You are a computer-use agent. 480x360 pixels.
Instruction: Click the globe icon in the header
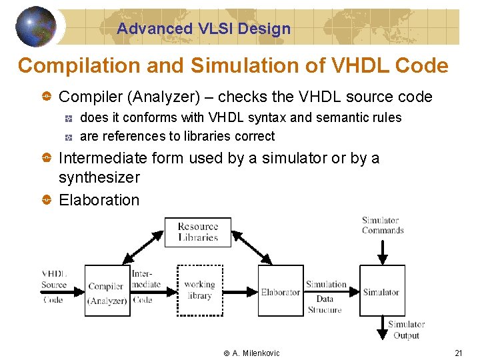coord(35,27)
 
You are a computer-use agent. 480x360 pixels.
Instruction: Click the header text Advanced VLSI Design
coord(203,29)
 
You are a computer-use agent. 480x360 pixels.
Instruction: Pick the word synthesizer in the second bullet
coord(99,177)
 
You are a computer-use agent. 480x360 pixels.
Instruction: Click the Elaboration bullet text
coord(99,200)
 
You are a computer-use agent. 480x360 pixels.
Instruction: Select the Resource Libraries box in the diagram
coord(198,232)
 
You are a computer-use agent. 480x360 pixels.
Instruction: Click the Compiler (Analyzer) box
coord(107,291)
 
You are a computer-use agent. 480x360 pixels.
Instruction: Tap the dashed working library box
coord(199,291)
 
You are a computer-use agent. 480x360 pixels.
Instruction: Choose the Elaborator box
coord(280,291)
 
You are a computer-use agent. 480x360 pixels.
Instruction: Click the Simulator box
coord(382,291)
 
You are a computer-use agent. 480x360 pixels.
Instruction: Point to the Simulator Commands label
coord(383,225)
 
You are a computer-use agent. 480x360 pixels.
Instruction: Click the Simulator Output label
coord(406,330)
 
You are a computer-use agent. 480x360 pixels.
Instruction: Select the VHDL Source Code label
coord(54,286)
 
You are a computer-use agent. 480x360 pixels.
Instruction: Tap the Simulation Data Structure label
coord(325,297)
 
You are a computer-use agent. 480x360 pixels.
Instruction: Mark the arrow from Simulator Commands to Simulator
coord(383,251)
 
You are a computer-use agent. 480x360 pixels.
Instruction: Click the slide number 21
coord(458,353)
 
